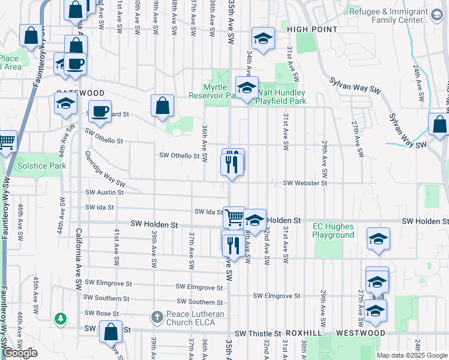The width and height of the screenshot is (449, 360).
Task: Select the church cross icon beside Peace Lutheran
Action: (x=157, y=316)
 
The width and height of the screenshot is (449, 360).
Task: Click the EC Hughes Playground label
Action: (x=333, y=231)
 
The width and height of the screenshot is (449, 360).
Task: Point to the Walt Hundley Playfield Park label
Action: (x=281, y=97)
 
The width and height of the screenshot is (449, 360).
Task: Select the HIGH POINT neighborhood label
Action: (x=312, y=29)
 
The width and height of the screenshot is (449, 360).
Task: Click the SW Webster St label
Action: (x=305, y=182)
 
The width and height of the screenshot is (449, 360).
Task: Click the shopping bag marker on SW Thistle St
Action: (x=110, y=332)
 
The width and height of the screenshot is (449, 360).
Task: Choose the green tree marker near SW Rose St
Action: (x=60, y=318)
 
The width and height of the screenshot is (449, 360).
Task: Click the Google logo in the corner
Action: (x=20, y=353)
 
